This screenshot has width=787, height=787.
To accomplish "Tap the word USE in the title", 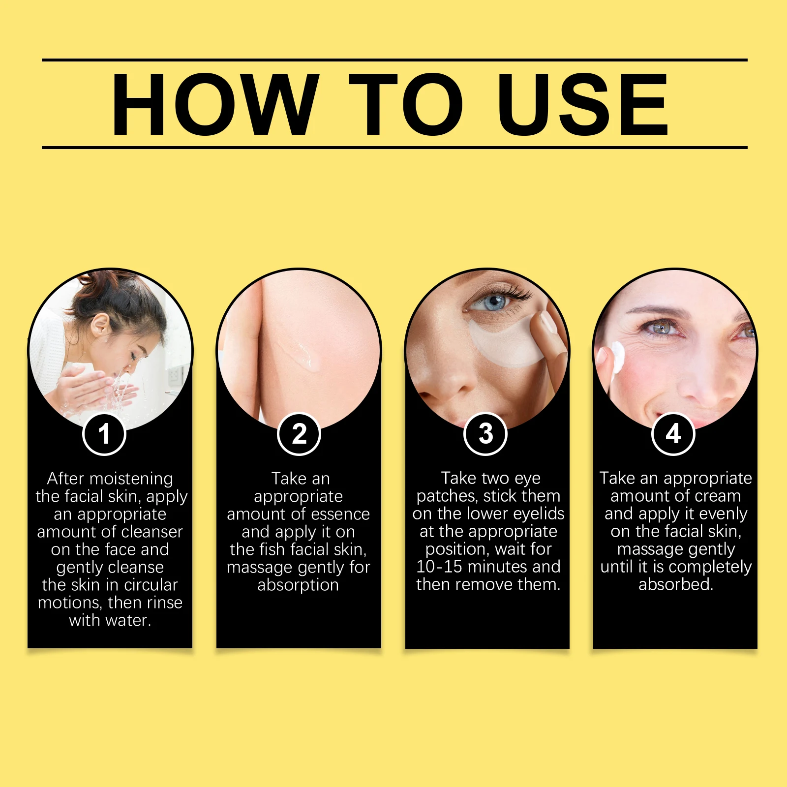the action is point(583,104).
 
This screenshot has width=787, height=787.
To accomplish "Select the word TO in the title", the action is point(406,104).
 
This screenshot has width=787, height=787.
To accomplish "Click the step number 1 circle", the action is point(104,434).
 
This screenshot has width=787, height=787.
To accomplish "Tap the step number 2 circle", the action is point(299,434).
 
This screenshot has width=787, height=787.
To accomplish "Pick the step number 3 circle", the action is point(485,434).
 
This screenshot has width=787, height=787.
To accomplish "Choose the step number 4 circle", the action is point(673,434).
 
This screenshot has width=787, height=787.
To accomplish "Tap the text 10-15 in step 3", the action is point(439,567).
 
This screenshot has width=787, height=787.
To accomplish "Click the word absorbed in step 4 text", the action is point(675,584).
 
